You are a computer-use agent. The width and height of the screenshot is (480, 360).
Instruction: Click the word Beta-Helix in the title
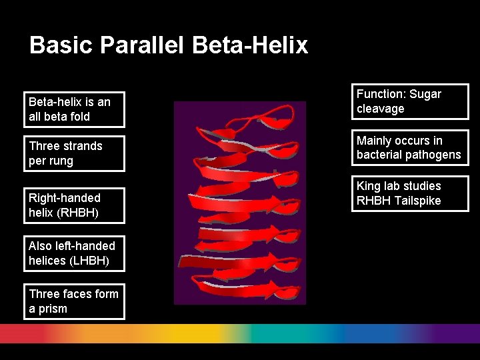(x=250, y=45)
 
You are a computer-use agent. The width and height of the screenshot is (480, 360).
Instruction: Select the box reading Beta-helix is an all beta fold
(x=74, y=109)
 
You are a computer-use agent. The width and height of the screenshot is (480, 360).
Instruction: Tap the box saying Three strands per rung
(x=74, y=153)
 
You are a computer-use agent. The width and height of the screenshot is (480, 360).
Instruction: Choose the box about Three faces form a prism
(x=74, y=301)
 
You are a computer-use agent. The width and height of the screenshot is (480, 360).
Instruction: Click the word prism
(x=53, y=309)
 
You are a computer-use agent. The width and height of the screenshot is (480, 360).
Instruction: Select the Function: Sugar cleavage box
(x=409, y=101)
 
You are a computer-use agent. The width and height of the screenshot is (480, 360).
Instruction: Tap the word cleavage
(x=380, y=109)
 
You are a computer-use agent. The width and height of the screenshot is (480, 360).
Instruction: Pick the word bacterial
(x=378, y=155)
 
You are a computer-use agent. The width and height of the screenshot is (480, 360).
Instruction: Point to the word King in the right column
(x=369, y=186)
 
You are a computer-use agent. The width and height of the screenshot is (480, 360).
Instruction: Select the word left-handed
(x=85, y=246)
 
